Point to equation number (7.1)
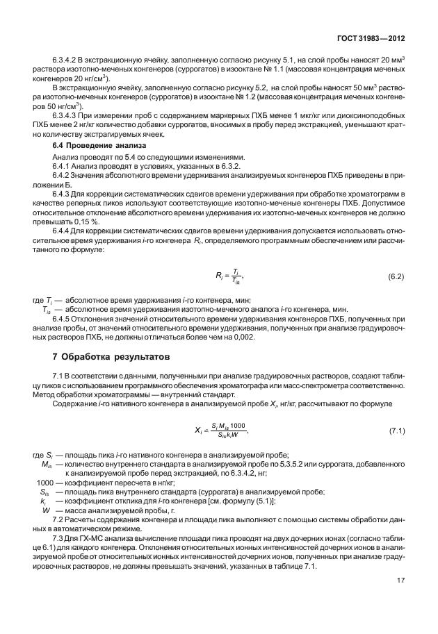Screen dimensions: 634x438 [396, 432]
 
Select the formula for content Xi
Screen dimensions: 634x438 [218, 432]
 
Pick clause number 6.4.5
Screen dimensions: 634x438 [63, 318]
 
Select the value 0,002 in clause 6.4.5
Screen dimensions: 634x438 [241, 337]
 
